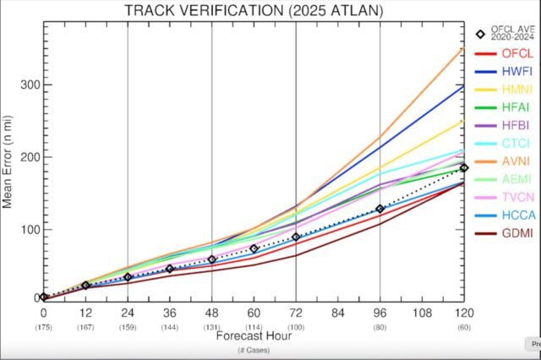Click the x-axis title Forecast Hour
click(x=253, y=335)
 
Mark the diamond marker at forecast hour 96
click(x=380, y=209)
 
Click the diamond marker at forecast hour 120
click(x=464, y=167)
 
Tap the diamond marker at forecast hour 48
click(x=212, y=259)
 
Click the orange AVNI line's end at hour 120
click(x=463, y=49)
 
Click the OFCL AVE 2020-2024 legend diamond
click(x=480, y=35)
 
